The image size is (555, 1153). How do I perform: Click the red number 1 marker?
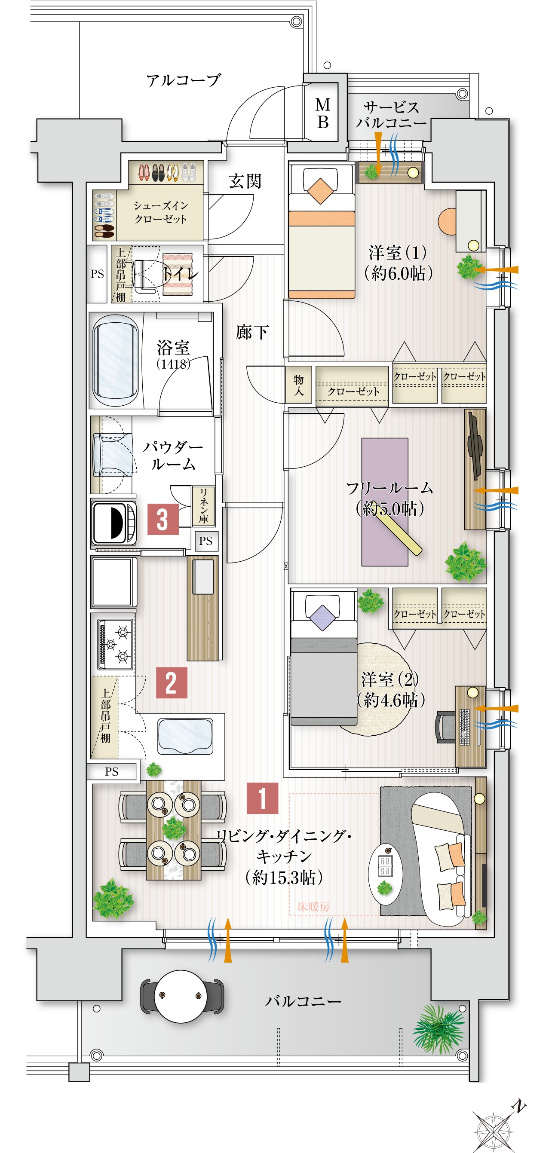[262, 798]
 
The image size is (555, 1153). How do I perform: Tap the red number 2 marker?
[172, 682]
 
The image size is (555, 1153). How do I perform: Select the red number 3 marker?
[163, 519]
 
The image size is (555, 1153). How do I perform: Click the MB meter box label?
[322, 113]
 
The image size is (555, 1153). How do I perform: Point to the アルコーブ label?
[184, 80]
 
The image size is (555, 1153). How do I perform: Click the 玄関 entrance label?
[245, 181]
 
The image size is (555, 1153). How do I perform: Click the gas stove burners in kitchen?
[116, 644]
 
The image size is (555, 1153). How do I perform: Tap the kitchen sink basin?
[185, 736]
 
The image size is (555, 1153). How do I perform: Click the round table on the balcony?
[181, 996]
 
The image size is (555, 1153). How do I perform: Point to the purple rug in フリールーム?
[384, 502]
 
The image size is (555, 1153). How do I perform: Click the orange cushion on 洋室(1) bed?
[320, 191]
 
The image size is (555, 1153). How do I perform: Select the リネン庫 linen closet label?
[204, 506]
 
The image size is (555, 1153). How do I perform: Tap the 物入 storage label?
[298, 385]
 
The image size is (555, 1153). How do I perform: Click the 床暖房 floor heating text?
[313, 906]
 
